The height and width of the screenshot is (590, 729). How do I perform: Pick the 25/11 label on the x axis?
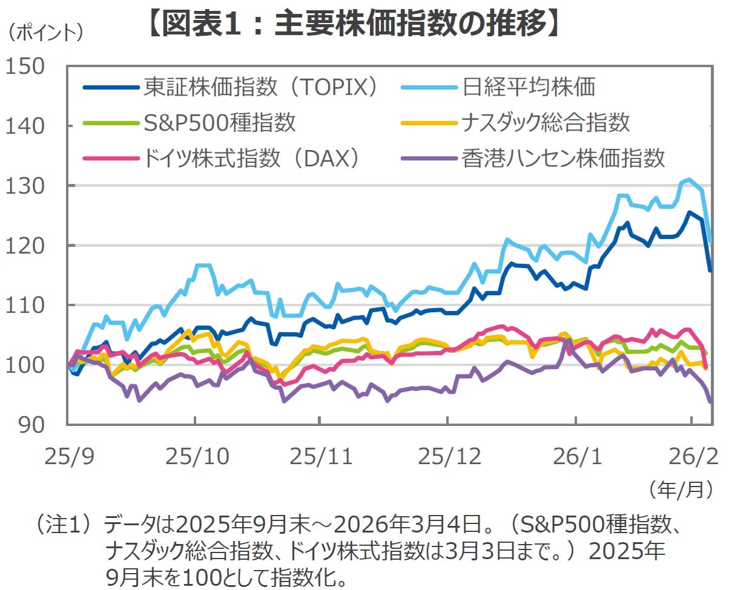[321, 456]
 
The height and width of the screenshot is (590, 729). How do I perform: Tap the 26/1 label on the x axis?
[576, 456]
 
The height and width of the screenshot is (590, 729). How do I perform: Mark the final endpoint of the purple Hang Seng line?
[710, 401]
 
